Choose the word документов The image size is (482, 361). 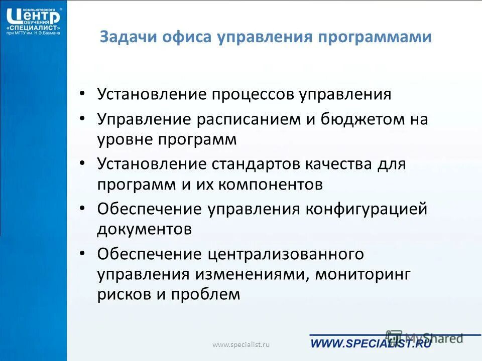145,229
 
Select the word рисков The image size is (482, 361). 124,294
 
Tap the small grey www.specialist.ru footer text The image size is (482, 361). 241,344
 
